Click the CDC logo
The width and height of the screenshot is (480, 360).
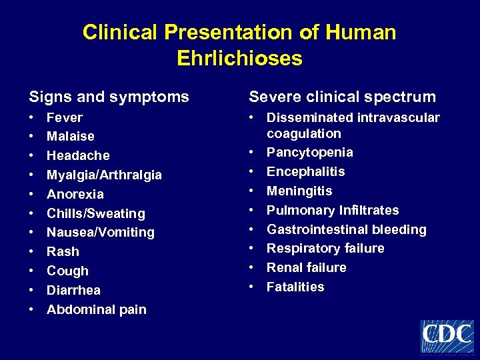[x=447, y=335]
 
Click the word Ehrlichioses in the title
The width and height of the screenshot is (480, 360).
[x=239, y=59]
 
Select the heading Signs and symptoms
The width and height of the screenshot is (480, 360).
[x=108, y=97]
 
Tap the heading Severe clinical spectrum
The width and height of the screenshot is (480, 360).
[x=342, y=97]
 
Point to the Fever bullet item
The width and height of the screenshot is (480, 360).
[x=65, y=118]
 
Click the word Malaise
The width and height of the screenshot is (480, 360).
[x=71, y=137]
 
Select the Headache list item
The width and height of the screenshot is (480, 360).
[x=78, y=155]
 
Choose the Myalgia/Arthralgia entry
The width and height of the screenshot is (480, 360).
[x=104, y=175]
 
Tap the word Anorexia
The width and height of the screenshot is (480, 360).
[x=75, y=194]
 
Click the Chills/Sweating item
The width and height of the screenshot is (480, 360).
[x=95, y=213]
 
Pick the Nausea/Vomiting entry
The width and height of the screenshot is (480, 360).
[x=100, y=233]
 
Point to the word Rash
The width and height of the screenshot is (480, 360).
[x=63, y=252]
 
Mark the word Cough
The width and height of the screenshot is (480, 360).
[x=67, y=271]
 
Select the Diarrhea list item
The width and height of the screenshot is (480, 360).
[x=73, y=291]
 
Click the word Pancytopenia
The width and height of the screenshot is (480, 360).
[x=310, y=153]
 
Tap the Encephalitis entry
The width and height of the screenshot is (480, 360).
[x=306, y=172]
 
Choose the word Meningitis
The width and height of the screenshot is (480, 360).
[x=299, y=191]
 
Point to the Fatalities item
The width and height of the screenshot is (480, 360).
[x=295, y=287]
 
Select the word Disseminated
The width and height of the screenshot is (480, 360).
[x=311, y=118]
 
